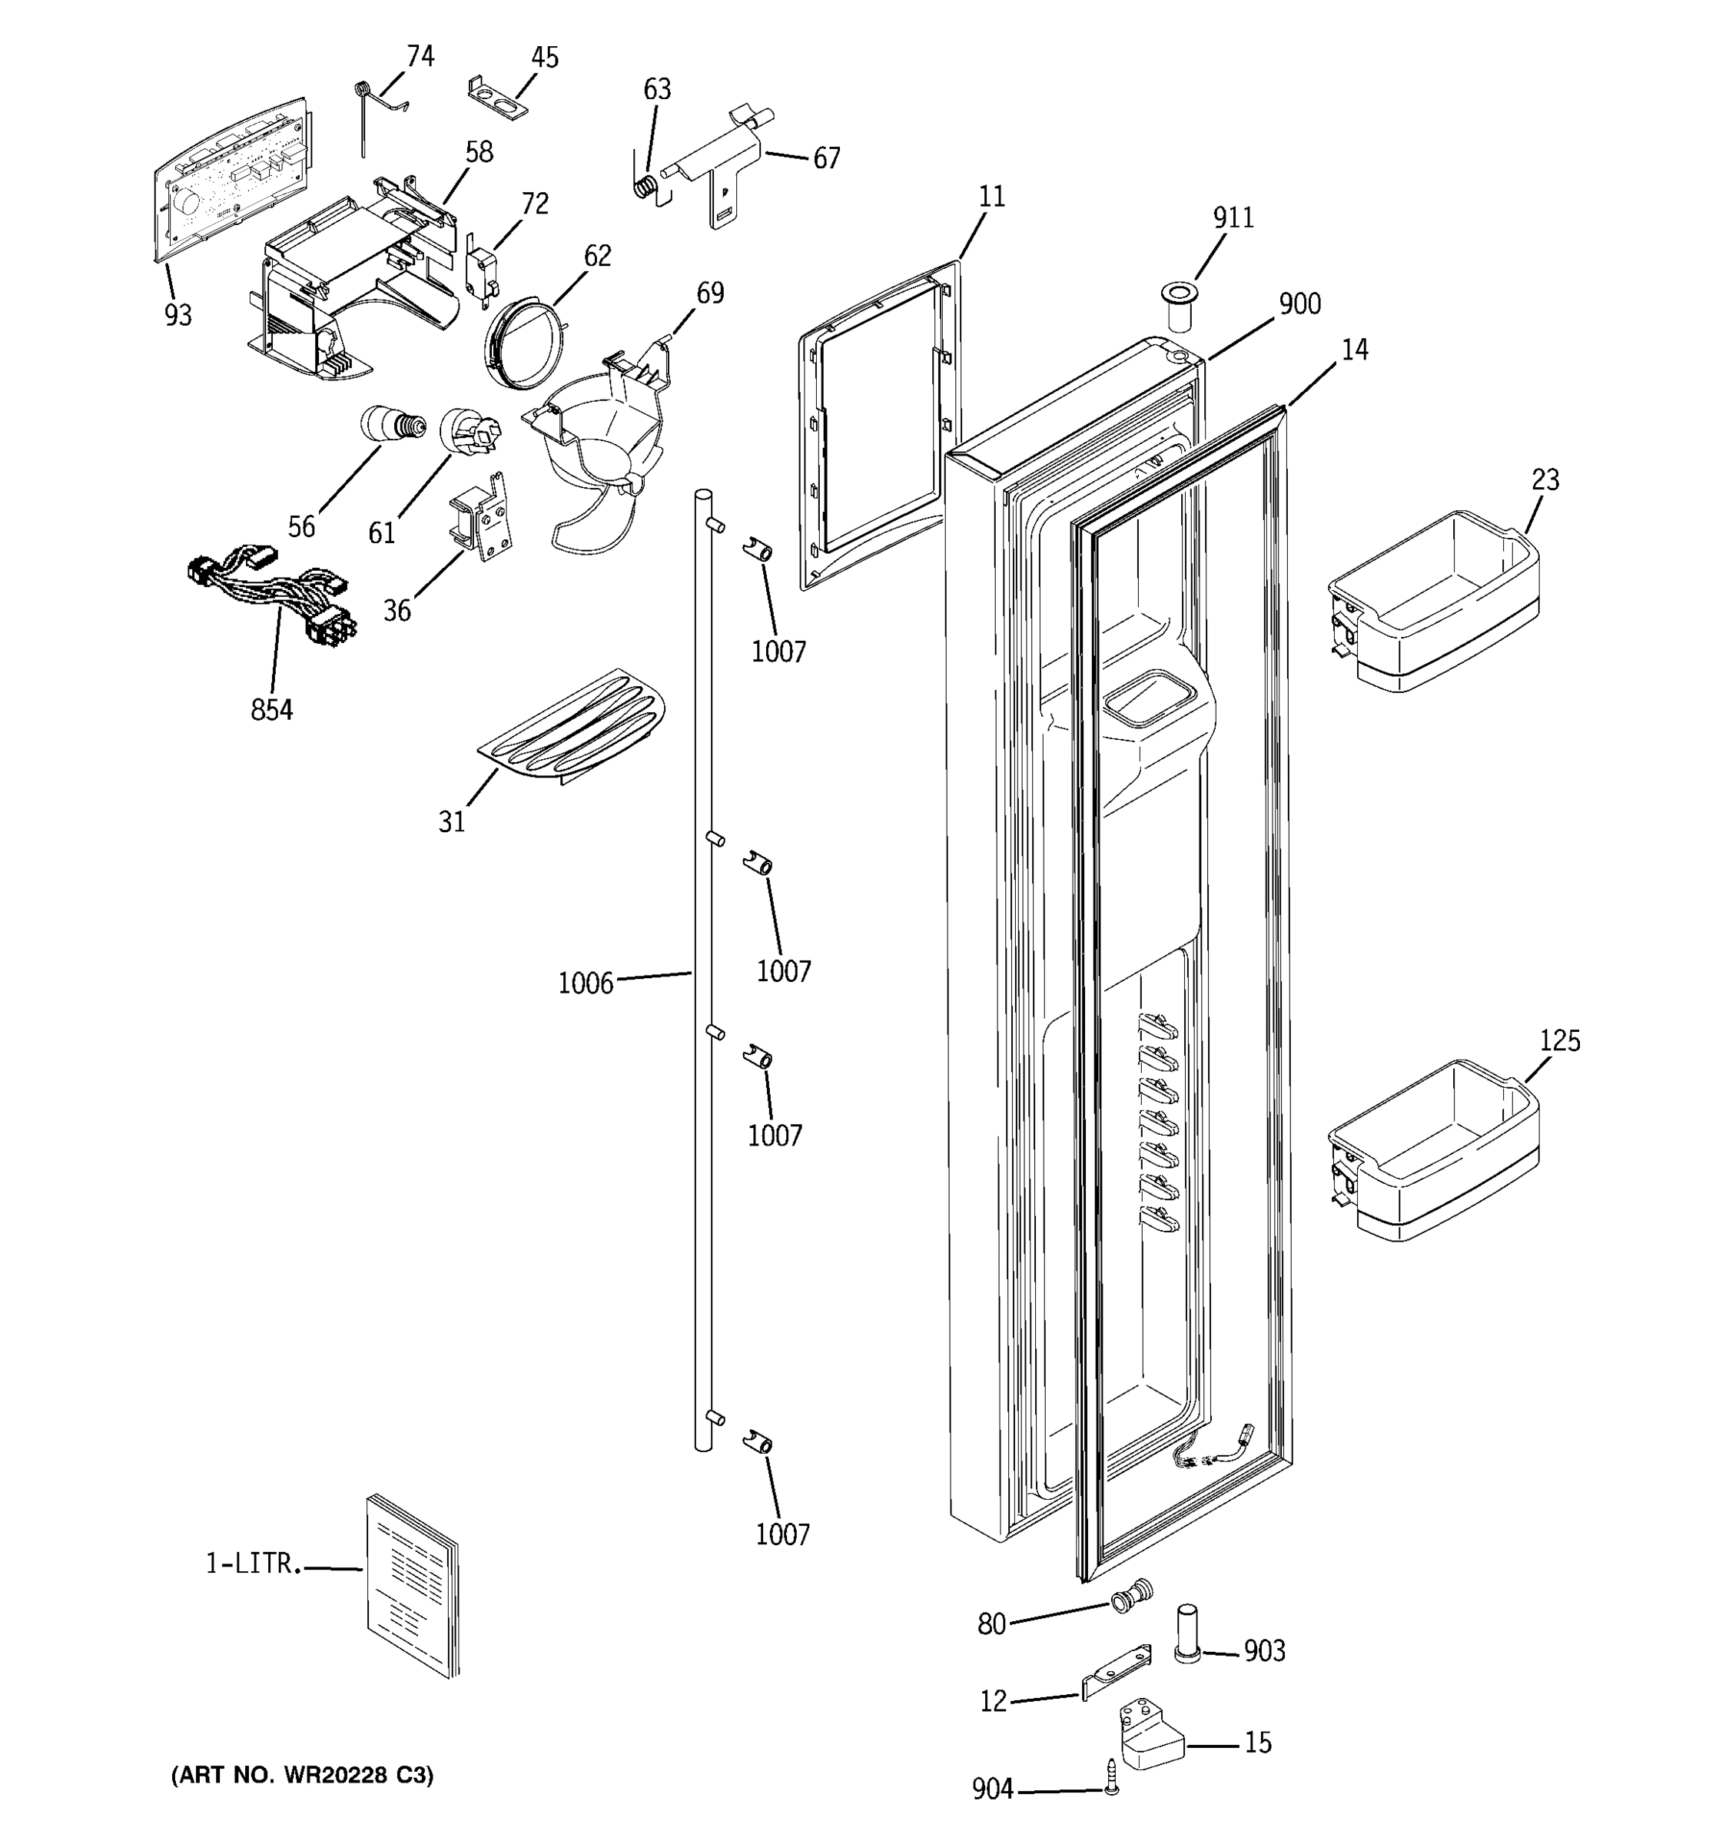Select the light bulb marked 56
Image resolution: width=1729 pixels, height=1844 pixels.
tap(390, 425)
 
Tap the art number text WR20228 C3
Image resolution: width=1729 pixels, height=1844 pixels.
tap(301, 1776)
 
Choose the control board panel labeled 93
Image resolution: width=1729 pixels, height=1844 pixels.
tap(227, 176)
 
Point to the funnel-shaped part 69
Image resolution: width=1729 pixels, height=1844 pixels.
tap(603, 426)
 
